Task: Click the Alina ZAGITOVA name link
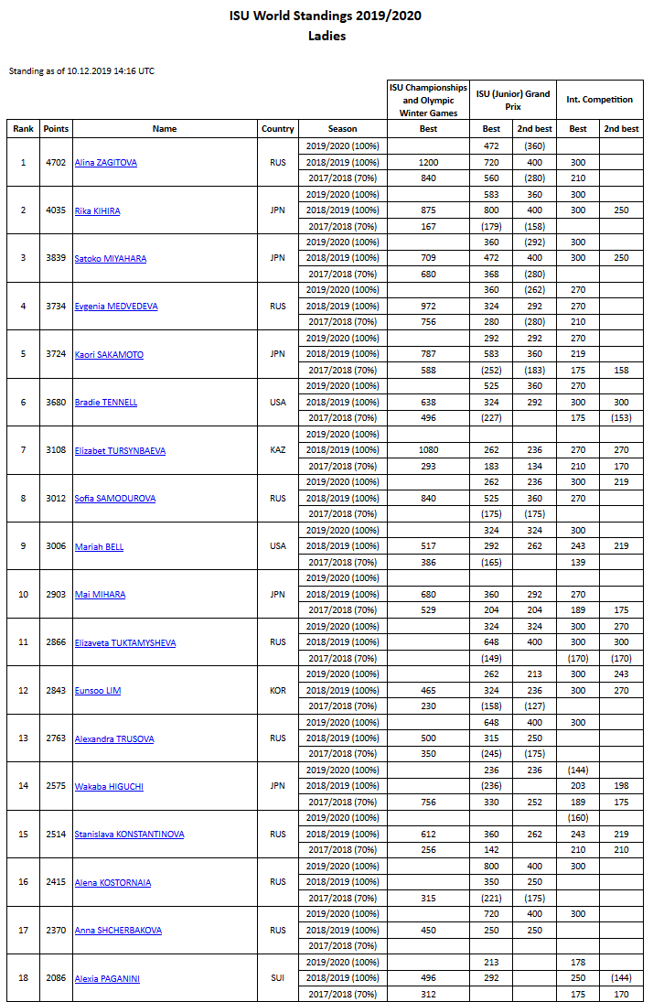point(106,163)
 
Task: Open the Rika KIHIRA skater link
point(98,210)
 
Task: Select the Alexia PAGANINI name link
point(108,978)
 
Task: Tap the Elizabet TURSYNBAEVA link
point(120,450)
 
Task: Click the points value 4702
point(56,163)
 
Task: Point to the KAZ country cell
point(277,450)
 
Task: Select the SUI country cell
point(277,978)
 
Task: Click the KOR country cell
point(277,690)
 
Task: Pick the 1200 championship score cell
point(428,163)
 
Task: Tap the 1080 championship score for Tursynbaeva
point(428,450)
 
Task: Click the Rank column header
point(23,129)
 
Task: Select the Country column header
point(277,129)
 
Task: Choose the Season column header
point(343,129)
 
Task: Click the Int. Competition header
point(599,99)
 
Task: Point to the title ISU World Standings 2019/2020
point(326,16)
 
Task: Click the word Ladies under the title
point(326,37)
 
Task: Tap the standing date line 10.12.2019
point(81,70)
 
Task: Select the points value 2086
point(56,978)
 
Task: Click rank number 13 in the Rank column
point(23,738)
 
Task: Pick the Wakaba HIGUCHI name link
point(109,786)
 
